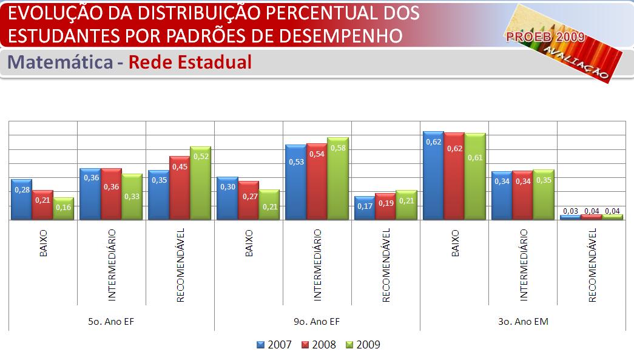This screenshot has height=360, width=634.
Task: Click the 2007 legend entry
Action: [274, 345]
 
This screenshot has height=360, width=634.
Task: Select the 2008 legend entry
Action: [319, 345]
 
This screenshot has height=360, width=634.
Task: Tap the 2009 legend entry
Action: [363, 345]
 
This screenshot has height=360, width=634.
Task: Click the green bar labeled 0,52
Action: [200, 183]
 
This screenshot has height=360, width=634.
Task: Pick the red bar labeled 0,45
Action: [179, 188]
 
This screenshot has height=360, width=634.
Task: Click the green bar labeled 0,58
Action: [338, 178]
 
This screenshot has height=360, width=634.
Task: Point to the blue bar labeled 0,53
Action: [296, 182]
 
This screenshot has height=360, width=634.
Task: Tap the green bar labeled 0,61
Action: [475, 176]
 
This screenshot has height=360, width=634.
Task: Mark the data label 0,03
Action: [570, 211]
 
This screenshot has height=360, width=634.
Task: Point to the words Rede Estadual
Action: [191, 62]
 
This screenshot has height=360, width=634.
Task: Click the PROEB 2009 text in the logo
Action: [545, 38]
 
